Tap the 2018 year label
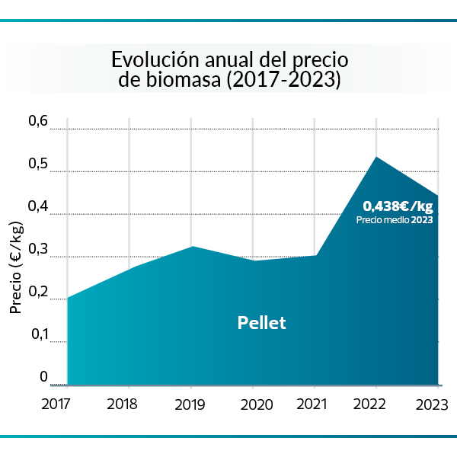pyautogui.click(x=123, y=404)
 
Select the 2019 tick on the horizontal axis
pyautogui.click(x=190, y=404)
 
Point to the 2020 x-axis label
pyautogui.click(x=257, y=404)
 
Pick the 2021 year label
pyautogui.click(x=315, y=404)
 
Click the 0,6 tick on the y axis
pyautogui.click(x=38, y=121)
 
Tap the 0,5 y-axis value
pyautogui.click(x=38, y=164)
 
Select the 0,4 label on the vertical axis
pyautogui.click(x=38, y=206)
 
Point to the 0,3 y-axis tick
pyautogui.click(x=38, y=249)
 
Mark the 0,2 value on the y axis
pyautogui.click(x=38, y=292)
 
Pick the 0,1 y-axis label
pyautogui.click(x=38, y=334)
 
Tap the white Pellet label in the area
pyautogui.click(x=261, y=322)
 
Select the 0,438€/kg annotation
pyautogui.click(x=398, y=206)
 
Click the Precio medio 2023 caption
pyautogui.click(x=395, y=220)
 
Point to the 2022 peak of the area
pyautogui.click(x=376, y=157)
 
